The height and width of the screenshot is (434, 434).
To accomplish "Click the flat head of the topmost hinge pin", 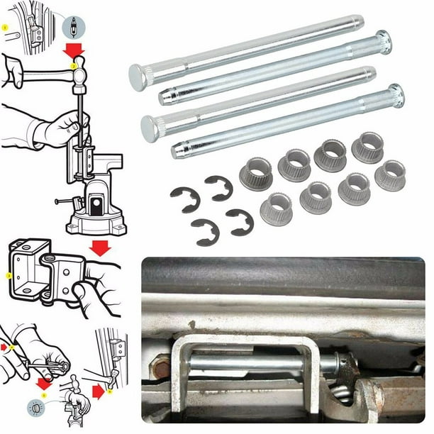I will coord(138,74).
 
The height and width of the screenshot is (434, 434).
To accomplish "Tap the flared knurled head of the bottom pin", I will coord(395,95).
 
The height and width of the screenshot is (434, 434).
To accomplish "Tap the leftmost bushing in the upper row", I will coord(256,173).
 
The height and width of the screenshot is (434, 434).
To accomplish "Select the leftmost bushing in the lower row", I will coord(276,209).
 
